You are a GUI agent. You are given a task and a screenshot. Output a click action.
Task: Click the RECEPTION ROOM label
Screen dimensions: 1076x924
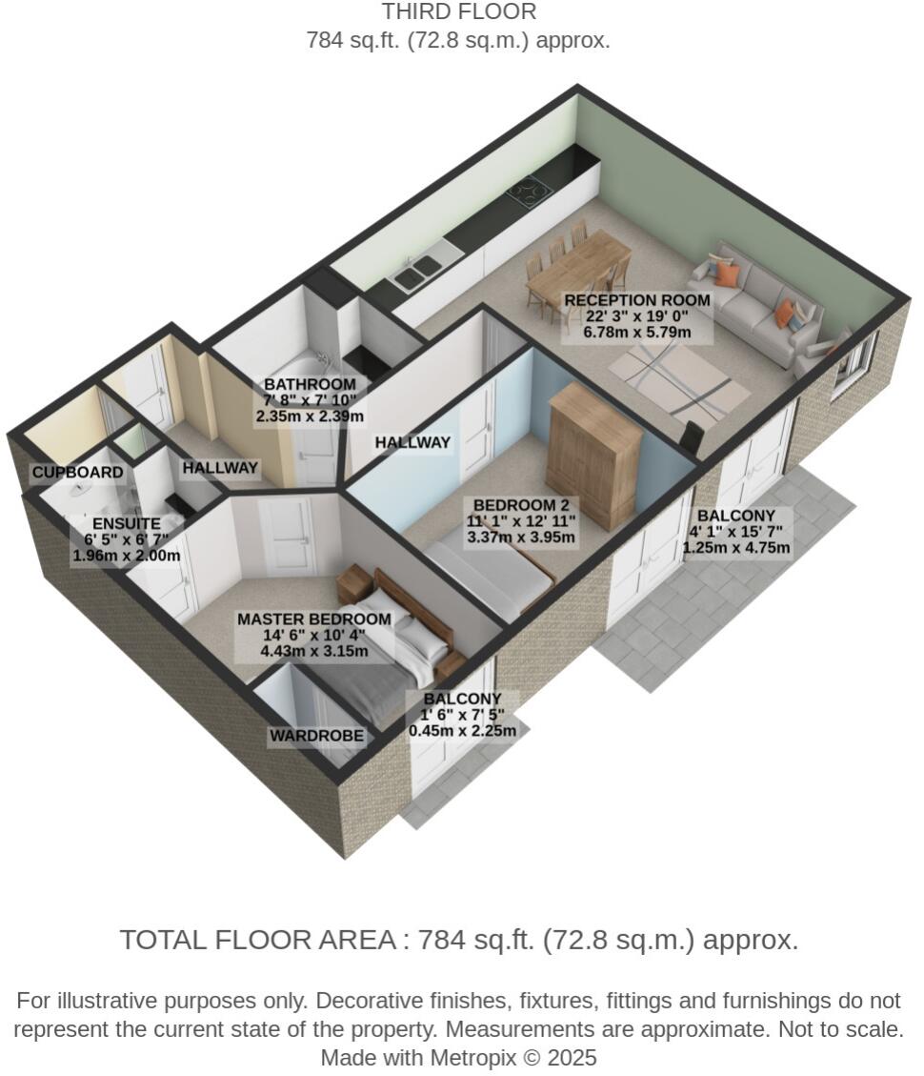click(x=637, y=300)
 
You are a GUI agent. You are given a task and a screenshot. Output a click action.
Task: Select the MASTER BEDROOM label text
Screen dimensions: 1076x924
click(x=313, y=619)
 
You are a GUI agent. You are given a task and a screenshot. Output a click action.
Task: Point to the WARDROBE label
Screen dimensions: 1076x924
click(x=316, y=736)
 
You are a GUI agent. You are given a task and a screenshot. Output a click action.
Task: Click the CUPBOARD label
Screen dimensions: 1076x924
click(x=77, y=473)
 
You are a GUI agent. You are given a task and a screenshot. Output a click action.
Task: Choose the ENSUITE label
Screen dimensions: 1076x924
click(x=126, y=524)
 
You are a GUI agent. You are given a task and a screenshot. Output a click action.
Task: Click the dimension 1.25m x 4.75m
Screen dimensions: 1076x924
click(x=736, y=548)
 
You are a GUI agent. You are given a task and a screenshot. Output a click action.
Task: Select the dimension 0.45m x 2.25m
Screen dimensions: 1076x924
click(x=462, y=731)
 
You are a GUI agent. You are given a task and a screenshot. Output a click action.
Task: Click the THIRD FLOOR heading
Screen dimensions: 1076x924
click(x=459, y=12)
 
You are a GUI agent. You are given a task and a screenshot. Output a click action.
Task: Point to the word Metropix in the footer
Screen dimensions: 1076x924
click(x=473, y=1057)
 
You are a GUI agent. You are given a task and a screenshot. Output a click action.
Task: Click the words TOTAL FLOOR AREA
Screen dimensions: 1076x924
click(x=257, y=940)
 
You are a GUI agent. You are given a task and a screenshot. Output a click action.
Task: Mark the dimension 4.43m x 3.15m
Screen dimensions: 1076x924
click(x=313, y=652)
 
